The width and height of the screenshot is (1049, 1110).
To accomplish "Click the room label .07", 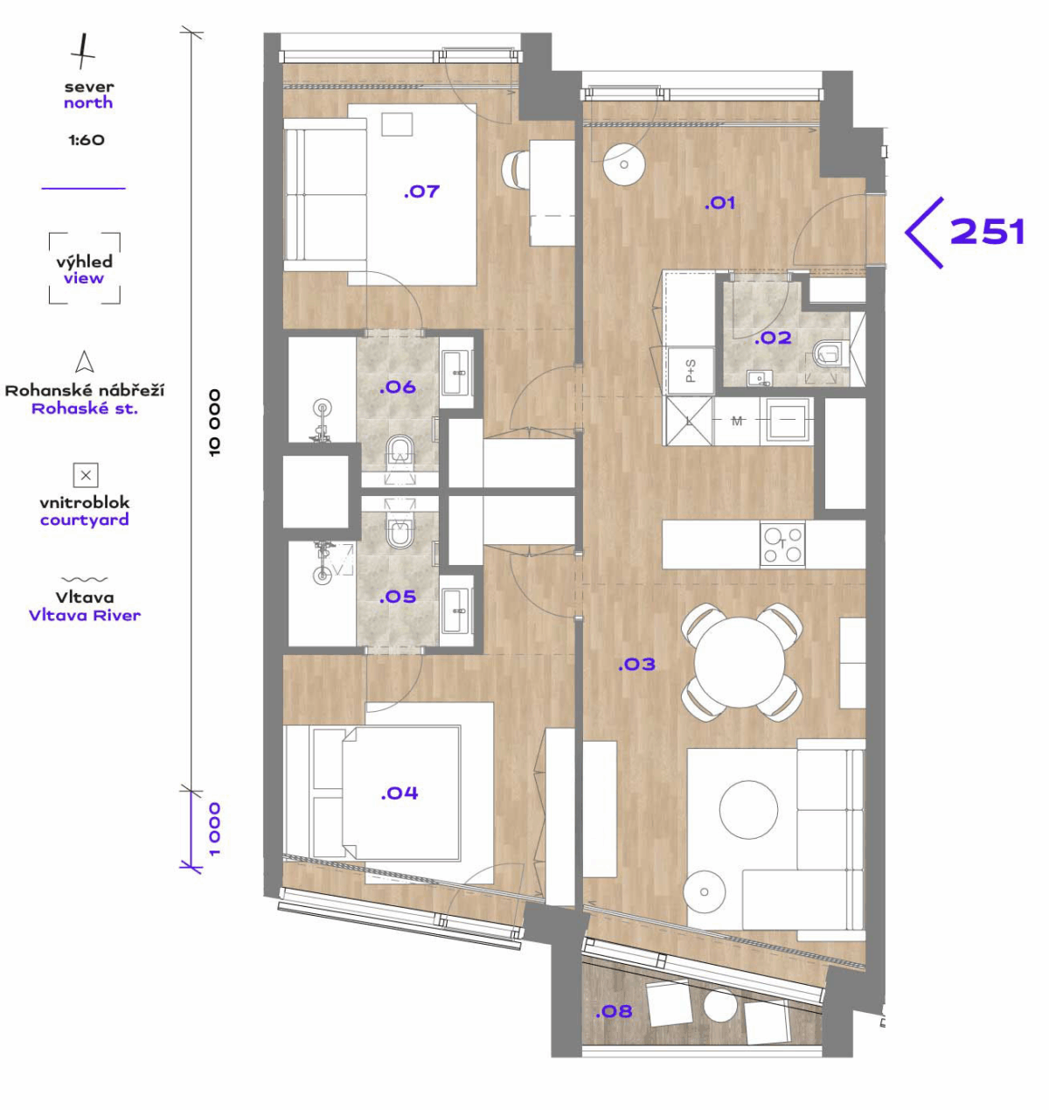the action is coord(421,192).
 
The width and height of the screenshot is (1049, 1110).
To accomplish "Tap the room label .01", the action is coord(719,203).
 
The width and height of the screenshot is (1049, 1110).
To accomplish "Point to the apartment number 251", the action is coord(987,232).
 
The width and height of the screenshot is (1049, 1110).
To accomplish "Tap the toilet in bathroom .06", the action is coord(400,453).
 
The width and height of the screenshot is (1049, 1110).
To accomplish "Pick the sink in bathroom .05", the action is coord(456,610).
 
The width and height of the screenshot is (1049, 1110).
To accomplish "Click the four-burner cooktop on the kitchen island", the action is coord(782,544).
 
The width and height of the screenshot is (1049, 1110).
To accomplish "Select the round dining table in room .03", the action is coord(740,662).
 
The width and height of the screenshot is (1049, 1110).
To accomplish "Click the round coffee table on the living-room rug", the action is coord(748,809).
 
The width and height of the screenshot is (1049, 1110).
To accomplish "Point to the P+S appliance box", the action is coord(691,371).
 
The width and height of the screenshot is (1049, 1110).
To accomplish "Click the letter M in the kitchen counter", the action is coord(736,421).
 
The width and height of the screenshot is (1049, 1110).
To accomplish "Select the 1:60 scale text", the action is coord(87,140).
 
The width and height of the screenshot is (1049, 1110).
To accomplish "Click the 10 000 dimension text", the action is coord(214,422).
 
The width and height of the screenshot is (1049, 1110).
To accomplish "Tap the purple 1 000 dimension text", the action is coord(214,829).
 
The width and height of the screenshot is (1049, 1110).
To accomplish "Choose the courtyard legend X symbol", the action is coord(86,475).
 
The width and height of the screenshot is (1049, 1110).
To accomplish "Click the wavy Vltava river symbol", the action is coord(84,579).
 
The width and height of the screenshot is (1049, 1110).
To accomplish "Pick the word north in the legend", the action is coord(88,102).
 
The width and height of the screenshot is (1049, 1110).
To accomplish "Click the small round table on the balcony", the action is coord(720,1006).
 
